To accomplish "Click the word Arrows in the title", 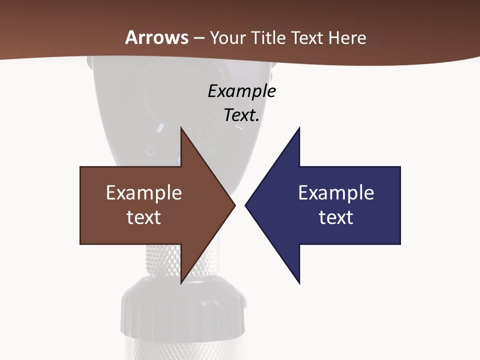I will coord(156,37).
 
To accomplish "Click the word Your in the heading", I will coord(227,37).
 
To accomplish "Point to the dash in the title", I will coord(198,38).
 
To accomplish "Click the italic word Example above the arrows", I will coord(241,91).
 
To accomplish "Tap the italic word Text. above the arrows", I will coord(241,115).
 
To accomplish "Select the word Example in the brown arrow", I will coord(143,193).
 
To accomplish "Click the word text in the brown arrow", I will coord(143,217).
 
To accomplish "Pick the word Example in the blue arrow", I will coord(336,193).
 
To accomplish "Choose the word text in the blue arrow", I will coord(336,217).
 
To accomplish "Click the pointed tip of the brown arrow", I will coord(234,205).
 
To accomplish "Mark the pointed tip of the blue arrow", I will coord(245,205).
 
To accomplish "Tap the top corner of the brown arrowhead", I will coord(181,127).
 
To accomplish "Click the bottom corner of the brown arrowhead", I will coord(181,283).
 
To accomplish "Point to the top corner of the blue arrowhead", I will coord(299,127).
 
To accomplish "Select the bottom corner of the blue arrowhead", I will coord(299,283).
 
